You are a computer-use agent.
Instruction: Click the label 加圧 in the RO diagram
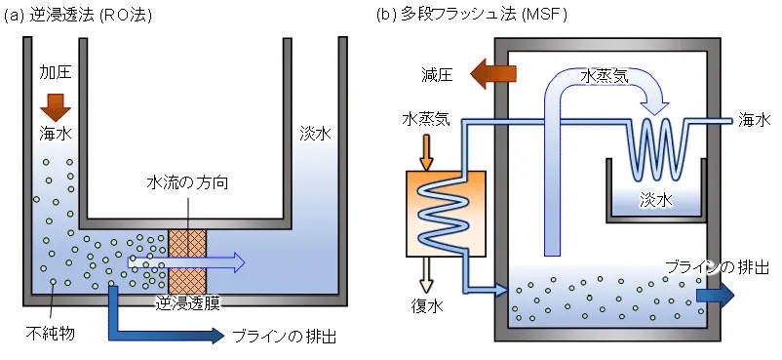[x=56, y=73]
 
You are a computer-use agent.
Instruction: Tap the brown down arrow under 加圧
[x=56, y=107]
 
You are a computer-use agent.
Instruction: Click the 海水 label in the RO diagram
[x=56, y=134]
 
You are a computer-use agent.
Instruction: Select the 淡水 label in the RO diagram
[x=315, y=134]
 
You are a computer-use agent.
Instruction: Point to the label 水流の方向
[x=187, y=182]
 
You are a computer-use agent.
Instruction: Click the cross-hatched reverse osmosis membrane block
[x=187, y=261]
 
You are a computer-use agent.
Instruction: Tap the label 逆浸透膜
[x=187, y=302]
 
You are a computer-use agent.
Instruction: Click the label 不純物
[x=51, y=333]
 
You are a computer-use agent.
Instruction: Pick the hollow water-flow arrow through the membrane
[x=186, y=261]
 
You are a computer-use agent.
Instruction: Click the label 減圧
[x=436, y=75]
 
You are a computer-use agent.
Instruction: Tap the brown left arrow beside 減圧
[x=493, y=73]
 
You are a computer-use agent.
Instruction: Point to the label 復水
[x=427, y=304]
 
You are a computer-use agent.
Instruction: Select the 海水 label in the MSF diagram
[x=754, y=120]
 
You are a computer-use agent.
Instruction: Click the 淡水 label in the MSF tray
[x=656, y=200]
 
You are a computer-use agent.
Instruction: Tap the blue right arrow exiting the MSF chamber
[x=715, y=295]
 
